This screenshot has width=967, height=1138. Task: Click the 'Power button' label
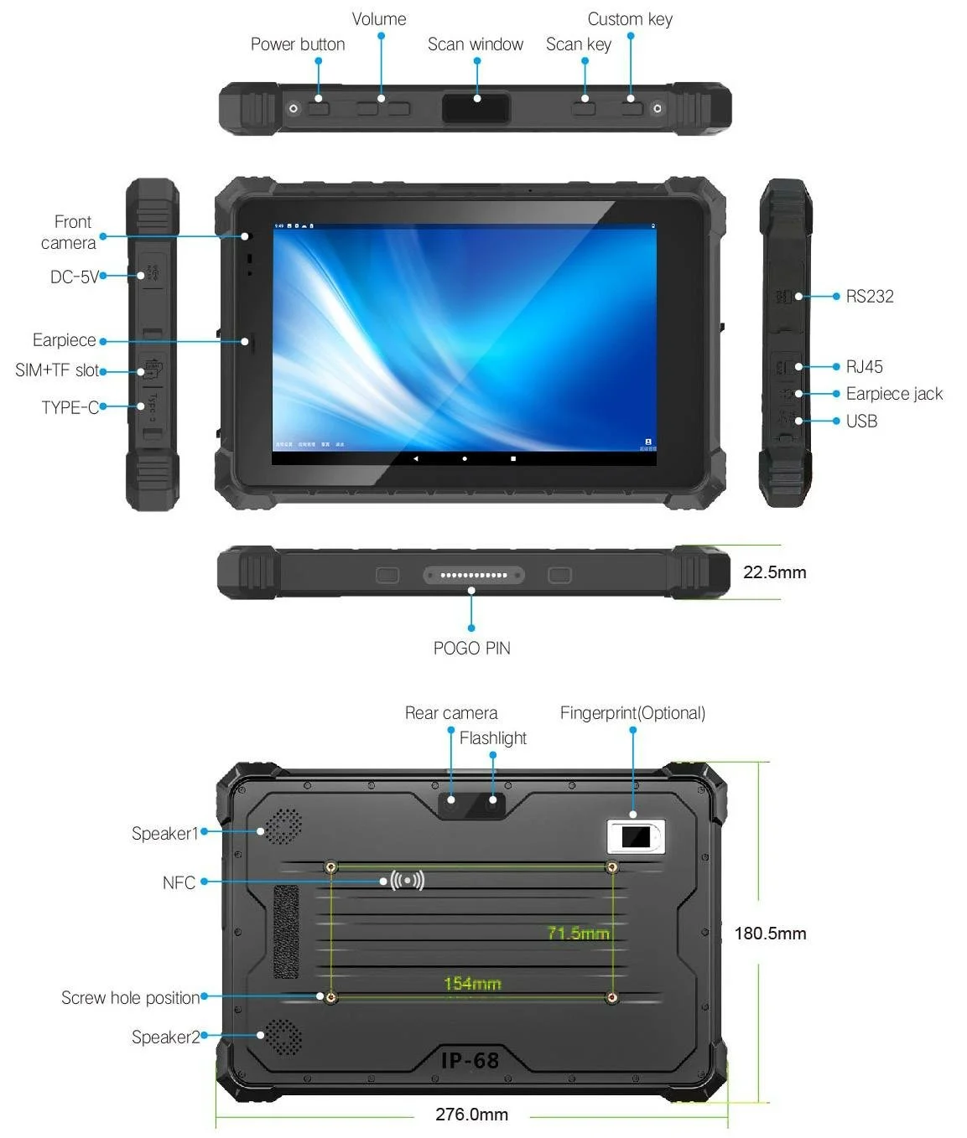[298, 44]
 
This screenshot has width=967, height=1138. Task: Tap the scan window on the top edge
[476, 108]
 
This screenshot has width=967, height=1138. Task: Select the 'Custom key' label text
[630, 19]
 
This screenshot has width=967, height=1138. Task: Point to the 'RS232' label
[870, 297]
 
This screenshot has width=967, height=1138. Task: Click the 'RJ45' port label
[864, 367]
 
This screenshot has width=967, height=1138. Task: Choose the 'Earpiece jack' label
[894, 394]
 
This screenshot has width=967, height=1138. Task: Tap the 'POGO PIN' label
[471, 649]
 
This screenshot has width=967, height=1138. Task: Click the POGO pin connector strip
[474, 575]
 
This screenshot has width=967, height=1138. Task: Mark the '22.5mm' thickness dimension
[774, 572]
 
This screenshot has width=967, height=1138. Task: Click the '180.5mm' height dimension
[770, 934]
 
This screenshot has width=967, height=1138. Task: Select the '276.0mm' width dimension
[471, 1115]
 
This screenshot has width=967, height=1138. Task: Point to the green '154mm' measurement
[472, 984]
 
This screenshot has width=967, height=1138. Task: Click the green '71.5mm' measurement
[578, 933]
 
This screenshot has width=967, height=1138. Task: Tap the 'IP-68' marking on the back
[471, 1061]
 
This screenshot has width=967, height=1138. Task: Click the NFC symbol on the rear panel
[408, 881]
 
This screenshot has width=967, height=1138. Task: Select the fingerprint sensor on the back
[635, 836]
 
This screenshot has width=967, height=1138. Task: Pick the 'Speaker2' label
[165, 1037]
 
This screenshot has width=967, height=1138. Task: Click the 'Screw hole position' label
[130, 998]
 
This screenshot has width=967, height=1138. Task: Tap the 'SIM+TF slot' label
[57, 370]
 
